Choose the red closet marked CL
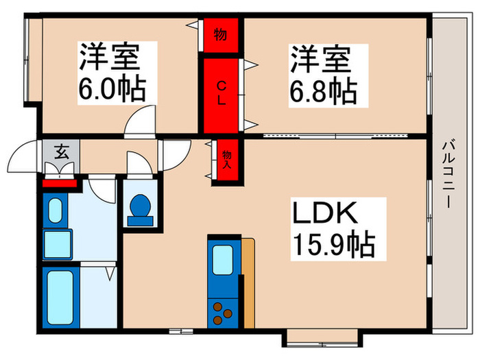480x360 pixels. click(x=221, y=96)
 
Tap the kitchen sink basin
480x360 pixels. click(x=224, y=260)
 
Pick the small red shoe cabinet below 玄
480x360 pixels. click(x=61, y=182)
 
